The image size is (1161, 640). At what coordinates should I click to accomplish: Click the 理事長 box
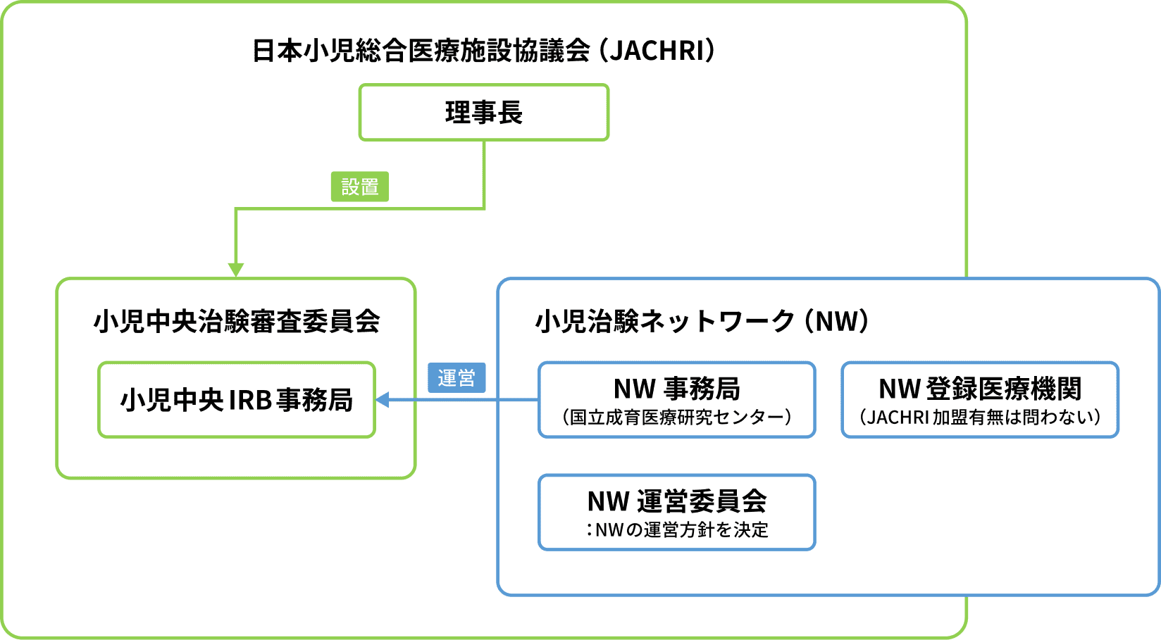point(484,113)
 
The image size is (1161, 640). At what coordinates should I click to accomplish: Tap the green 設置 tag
point(360,187)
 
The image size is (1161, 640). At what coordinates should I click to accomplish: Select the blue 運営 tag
point(457,379)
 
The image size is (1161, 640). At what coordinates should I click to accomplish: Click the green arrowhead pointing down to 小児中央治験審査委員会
point(236,270)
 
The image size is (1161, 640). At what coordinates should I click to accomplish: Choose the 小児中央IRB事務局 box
point(237,400)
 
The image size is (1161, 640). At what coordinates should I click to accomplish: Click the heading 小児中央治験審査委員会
point(237,322)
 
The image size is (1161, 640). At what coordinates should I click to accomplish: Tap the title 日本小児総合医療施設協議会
point(421,51)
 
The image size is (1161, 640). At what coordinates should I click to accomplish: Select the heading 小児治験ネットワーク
point(666,322)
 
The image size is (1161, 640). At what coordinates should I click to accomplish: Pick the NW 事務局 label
point(676,389)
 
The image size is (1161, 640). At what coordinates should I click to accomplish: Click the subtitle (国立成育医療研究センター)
point(676,418)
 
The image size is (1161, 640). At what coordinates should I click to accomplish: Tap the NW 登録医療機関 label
point(980,389)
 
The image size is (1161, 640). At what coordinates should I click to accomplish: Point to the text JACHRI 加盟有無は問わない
point(980,418)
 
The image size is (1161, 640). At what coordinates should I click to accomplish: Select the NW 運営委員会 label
point(676,501)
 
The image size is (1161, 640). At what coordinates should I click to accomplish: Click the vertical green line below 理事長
point(485,172)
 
